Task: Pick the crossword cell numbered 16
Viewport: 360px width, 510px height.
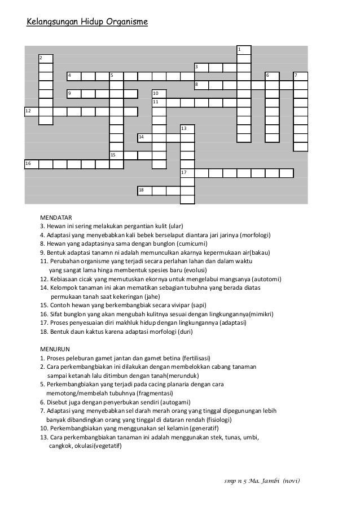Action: [32, 164]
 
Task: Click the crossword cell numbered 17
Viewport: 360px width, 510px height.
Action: [187, 173]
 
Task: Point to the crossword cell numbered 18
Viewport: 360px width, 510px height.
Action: [144, 191]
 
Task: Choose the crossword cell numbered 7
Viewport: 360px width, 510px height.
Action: [300, 76]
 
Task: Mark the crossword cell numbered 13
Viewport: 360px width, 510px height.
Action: [187, 129]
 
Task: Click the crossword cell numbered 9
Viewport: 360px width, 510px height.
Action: [74, 94]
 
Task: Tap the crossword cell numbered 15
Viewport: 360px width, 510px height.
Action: [116, 155]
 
